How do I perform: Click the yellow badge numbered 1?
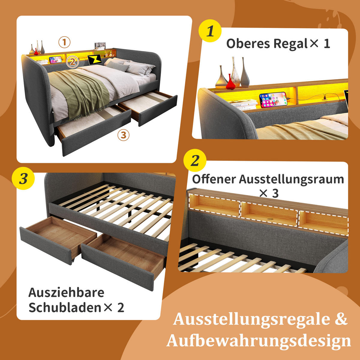tap(210, 31)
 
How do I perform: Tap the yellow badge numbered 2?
tap(195, 161)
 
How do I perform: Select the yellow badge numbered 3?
tap(23, 179)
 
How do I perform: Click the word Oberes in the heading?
tap(248, 43)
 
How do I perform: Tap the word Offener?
tap(214, 179)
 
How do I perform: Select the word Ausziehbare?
tap(66, 292)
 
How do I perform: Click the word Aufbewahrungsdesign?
tap(259, 341)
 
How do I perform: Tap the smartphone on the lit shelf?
tap(273, 100)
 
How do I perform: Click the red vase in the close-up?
tap(230, 82)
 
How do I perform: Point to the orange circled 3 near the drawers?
tap(123, 135)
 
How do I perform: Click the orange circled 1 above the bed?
tap(64, 42)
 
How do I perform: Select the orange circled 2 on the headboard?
tap(72, 62)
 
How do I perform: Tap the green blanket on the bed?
tap(81, 90)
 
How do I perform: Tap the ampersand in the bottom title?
tap(340, 319)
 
